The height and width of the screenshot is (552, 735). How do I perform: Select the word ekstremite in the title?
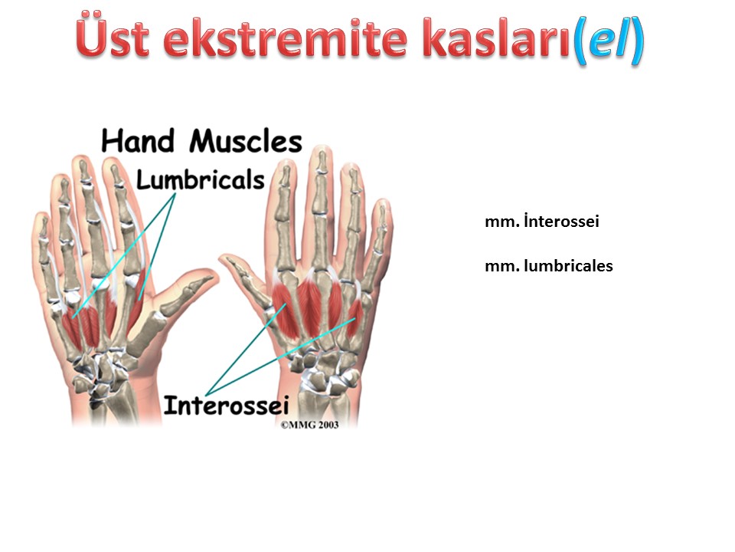pos(286,39)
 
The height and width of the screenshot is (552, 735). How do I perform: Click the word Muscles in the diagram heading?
pos(246,141)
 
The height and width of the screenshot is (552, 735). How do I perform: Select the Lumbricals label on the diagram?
pos(200,179)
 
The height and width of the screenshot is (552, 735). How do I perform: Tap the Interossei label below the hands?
pos(226,405)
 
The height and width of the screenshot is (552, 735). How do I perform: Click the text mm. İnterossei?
pos(542,221)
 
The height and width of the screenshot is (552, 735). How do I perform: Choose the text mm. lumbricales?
pos(549,266)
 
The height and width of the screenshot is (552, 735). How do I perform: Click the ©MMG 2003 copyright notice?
pos(309,425)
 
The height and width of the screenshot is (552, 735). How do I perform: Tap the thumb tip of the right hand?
pos(225,258)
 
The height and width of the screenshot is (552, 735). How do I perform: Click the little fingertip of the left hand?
pos(41,216)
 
